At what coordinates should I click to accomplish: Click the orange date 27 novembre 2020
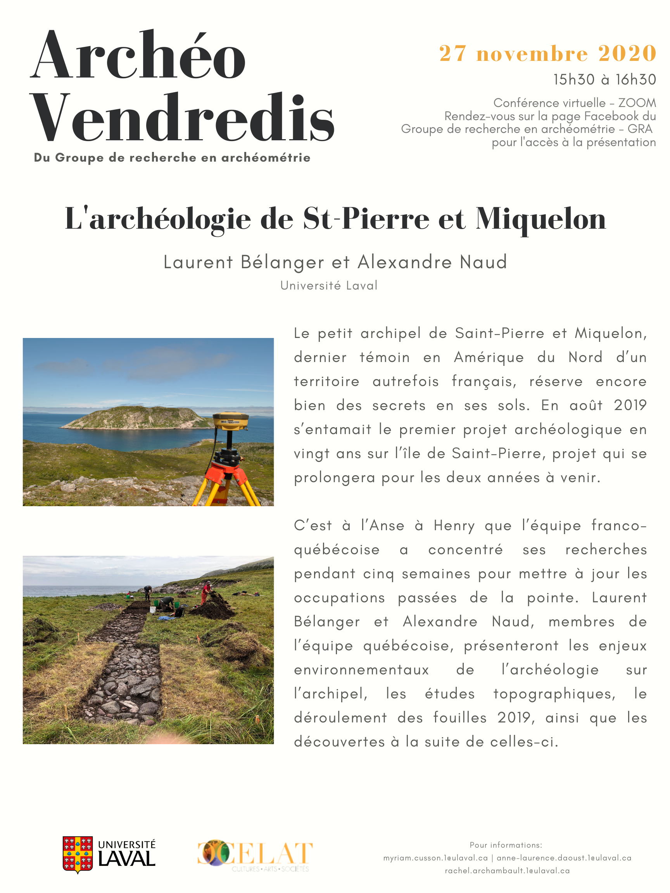click(547, 53)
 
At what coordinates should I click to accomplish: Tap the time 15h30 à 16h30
click(604, 79)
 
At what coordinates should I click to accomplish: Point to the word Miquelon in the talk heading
click(541, 219)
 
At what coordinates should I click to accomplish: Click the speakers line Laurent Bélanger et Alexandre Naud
click(335, 262)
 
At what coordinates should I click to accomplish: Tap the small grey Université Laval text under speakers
click(329, 285)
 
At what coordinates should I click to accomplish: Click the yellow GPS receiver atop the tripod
click(231, 421)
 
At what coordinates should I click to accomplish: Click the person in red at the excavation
click(207, 592)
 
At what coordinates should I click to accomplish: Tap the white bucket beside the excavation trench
click(153, 610)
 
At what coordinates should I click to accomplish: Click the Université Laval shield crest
click(78, 854)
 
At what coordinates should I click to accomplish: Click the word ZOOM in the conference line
click(637, 103)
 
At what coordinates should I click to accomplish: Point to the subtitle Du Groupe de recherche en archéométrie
click(172, 157)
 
